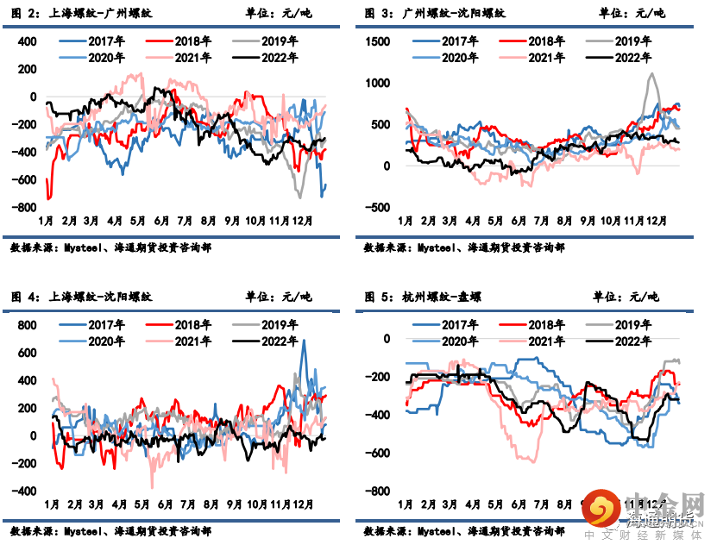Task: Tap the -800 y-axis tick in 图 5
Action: [378, 492]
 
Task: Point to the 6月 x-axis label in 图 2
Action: [160, 222]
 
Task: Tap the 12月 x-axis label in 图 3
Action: [657, 222]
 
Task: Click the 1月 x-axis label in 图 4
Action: [51, 504]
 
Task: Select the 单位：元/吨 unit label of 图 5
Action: [625, 297]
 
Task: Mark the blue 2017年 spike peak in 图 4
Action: [303, 341]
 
